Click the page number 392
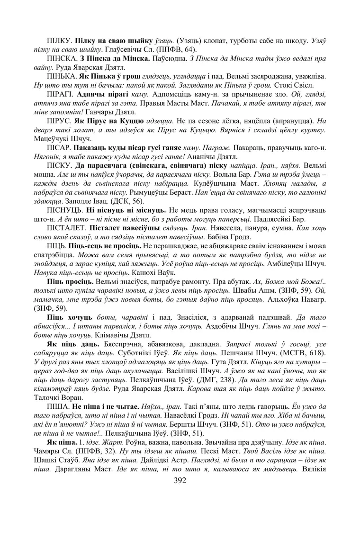pos(180,481)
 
